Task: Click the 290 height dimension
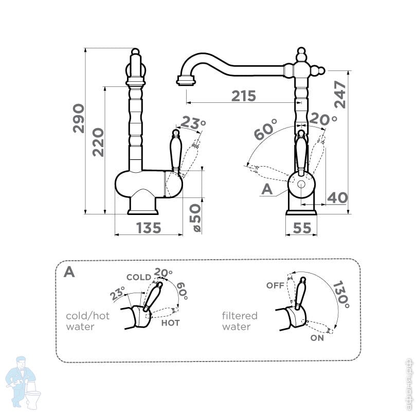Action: (x=78, y=118)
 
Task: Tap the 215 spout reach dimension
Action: (x=243, y=96)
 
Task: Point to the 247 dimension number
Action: (x=340, y=94)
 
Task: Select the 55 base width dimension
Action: (x=302, y=227)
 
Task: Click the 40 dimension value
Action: (x=337, y=197)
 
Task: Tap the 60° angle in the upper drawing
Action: (x=266, y=129)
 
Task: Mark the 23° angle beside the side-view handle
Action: (x=193, y=123)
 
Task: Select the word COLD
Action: (x=139, y=277)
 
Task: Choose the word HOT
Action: (x=170, y=323)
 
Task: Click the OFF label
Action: (x=275, y=285)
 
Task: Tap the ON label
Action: (x=317, y=338)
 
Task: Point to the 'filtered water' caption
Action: (x=240, y=321)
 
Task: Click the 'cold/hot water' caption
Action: (x=87, y=321)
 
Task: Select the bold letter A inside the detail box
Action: (x=69, y=272)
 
